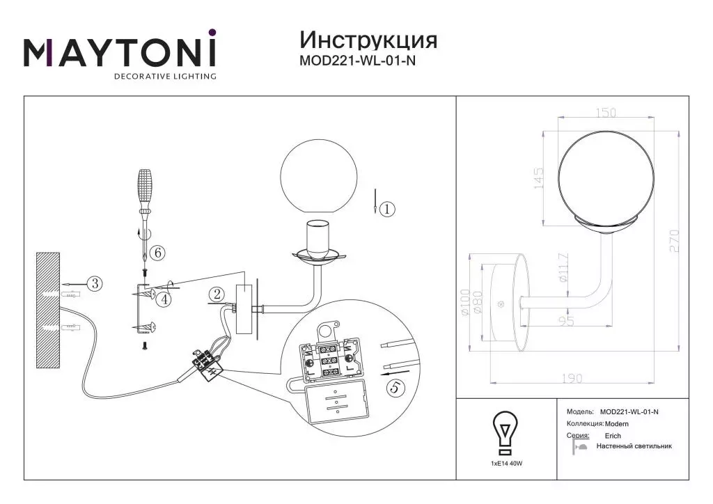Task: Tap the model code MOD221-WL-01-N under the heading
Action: (357, 61)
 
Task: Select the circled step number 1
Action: (387, 209)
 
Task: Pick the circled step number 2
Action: (217, 294)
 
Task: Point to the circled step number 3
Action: (95, 283)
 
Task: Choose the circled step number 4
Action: (164, 299)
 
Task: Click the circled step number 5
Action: (395, 387)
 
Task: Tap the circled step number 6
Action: (158, 252)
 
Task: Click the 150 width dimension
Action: (606, 112)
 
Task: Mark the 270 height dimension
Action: (674, 241)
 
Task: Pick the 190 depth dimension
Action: (572, 378)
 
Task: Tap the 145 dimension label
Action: (538, 178)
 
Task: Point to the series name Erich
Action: (613, 435)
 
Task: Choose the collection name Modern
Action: (617, 423)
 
